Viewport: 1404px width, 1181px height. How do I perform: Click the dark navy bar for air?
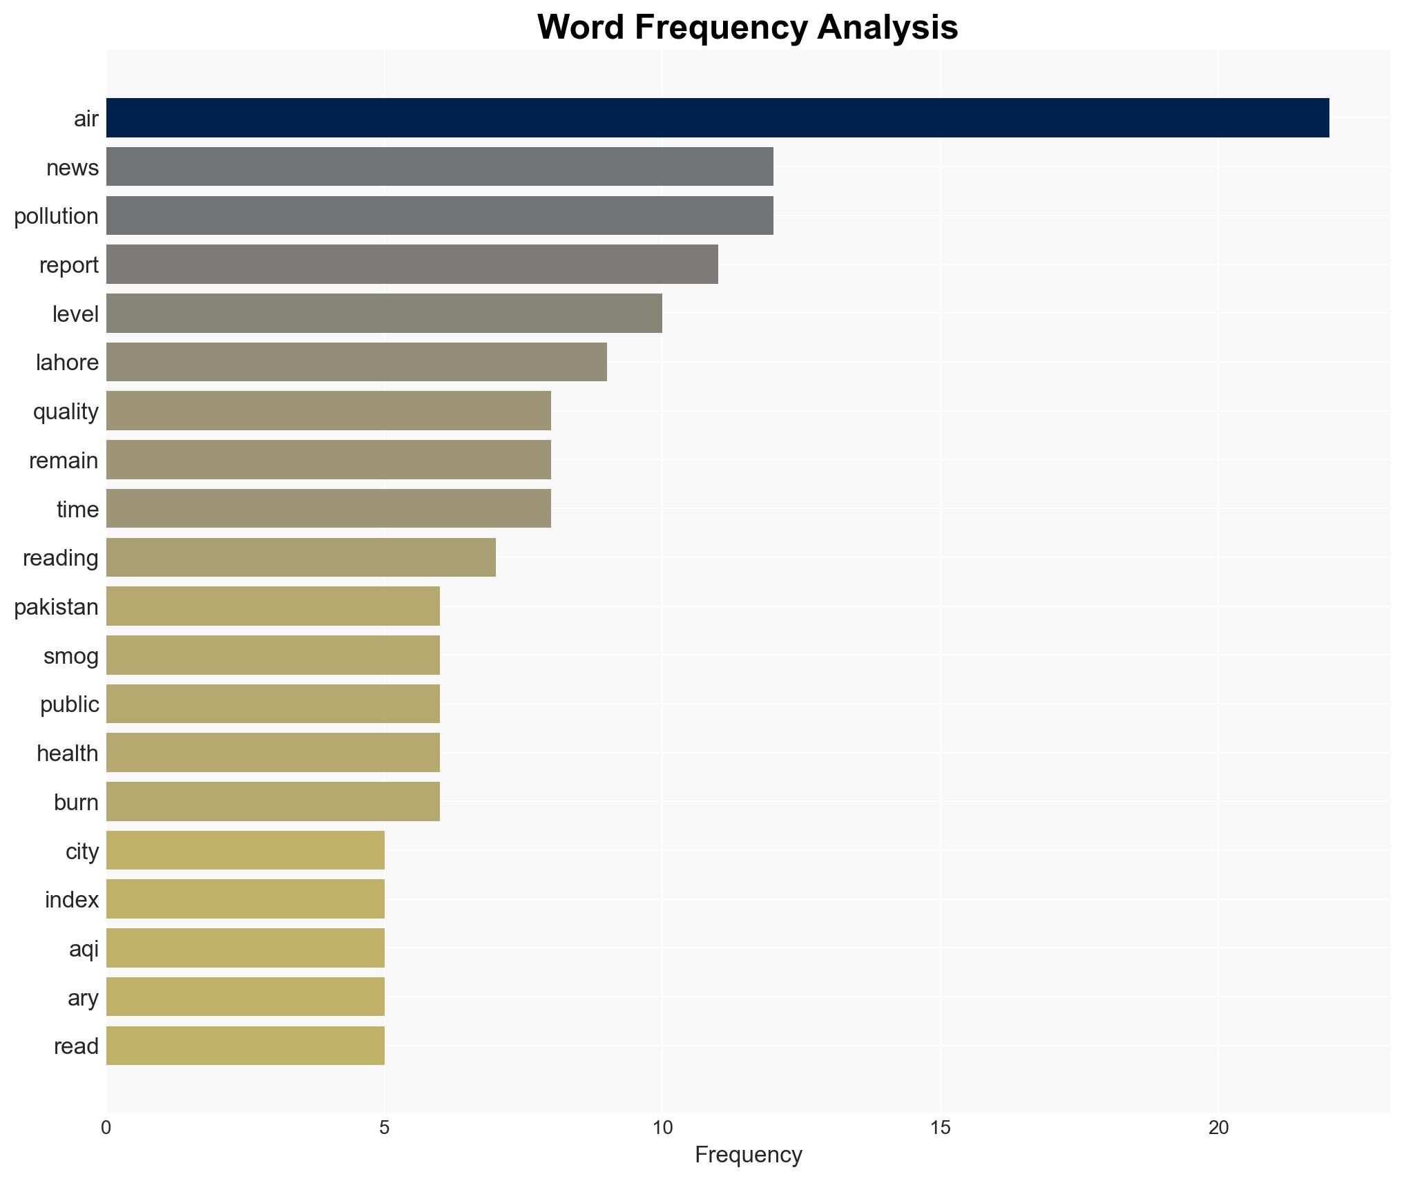coord(717,117)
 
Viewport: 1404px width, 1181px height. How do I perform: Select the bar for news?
coord(439,166)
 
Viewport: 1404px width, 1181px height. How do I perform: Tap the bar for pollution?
coord(439,215)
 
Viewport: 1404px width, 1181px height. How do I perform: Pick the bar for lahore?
coord(356,362)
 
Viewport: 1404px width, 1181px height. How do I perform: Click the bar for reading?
coord(300,557)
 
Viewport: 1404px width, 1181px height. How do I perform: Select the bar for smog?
coord(273,655)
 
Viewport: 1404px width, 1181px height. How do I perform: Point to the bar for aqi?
coord(245,948)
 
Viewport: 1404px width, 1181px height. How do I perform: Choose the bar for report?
coord(412,265)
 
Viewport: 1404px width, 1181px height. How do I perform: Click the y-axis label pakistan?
coord(56,607)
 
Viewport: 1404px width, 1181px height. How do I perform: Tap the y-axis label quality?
coord(66,412)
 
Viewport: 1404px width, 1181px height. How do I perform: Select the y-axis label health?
coord(67,753)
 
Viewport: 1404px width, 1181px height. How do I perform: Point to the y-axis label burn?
coord(76,803)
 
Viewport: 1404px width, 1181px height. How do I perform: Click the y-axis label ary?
coord(83,998)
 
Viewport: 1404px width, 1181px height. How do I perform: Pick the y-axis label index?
coord(72,900)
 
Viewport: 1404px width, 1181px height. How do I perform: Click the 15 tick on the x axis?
coord(940,1128)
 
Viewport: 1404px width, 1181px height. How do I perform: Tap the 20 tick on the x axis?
coord(1218,1128)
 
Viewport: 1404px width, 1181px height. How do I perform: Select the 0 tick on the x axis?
coord(106,1128)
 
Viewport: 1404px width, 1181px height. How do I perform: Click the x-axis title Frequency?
coord(748,1155)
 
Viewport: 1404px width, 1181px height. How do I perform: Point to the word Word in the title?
coord(581,28)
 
